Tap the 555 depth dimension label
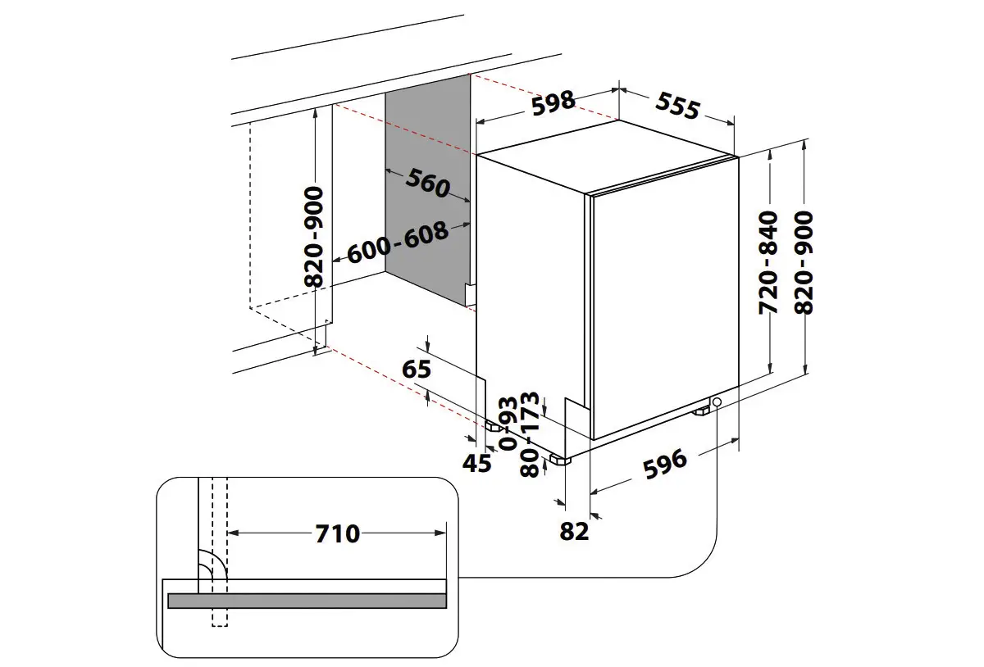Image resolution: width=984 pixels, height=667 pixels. [x=677, y=106]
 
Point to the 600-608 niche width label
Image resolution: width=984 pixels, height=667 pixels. [x=398, y=243]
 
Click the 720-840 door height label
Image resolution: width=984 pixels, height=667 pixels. [x=768, y=262]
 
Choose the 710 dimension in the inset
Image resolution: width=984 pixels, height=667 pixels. [x=337, y=533]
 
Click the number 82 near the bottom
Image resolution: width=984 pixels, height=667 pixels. [x=574, y=531]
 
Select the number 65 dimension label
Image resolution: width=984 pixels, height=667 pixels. [x=417, y=370]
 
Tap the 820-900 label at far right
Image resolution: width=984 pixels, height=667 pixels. [x=804, y=262]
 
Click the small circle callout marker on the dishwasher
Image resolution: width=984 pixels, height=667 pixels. [x=717, y=403]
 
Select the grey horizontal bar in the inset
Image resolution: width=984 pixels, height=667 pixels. [x=307, y=601]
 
